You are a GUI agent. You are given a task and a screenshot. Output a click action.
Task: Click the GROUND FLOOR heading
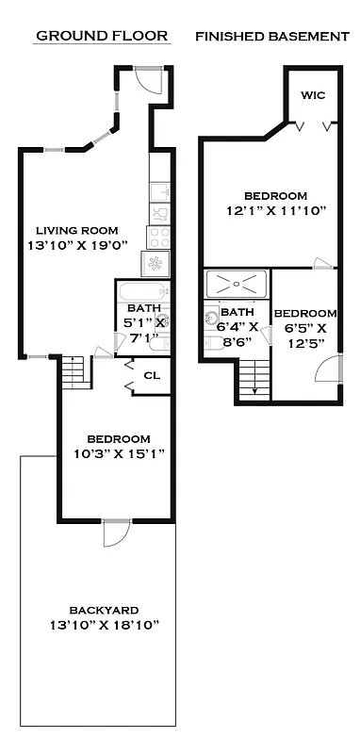(x=102, y=36)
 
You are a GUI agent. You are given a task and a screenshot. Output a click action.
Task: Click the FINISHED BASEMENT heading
(x=271, y=36)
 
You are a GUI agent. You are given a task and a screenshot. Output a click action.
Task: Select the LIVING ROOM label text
(x=77, y=230)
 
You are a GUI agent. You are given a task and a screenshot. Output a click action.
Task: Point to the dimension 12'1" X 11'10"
(x=274, y=211)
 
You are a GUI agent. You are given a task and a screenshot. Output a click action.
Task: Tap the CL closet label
(x=151, y=374)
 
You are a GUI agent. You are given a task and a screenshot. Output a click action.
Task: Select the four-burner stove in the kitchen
(x=158, y=236)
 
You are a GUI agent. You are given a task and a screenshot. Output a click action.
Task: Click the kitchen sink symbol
(x=159, y=209)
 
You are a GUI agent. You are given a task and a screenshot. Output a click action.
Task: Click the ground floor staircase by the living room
(x=74, y=371)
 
